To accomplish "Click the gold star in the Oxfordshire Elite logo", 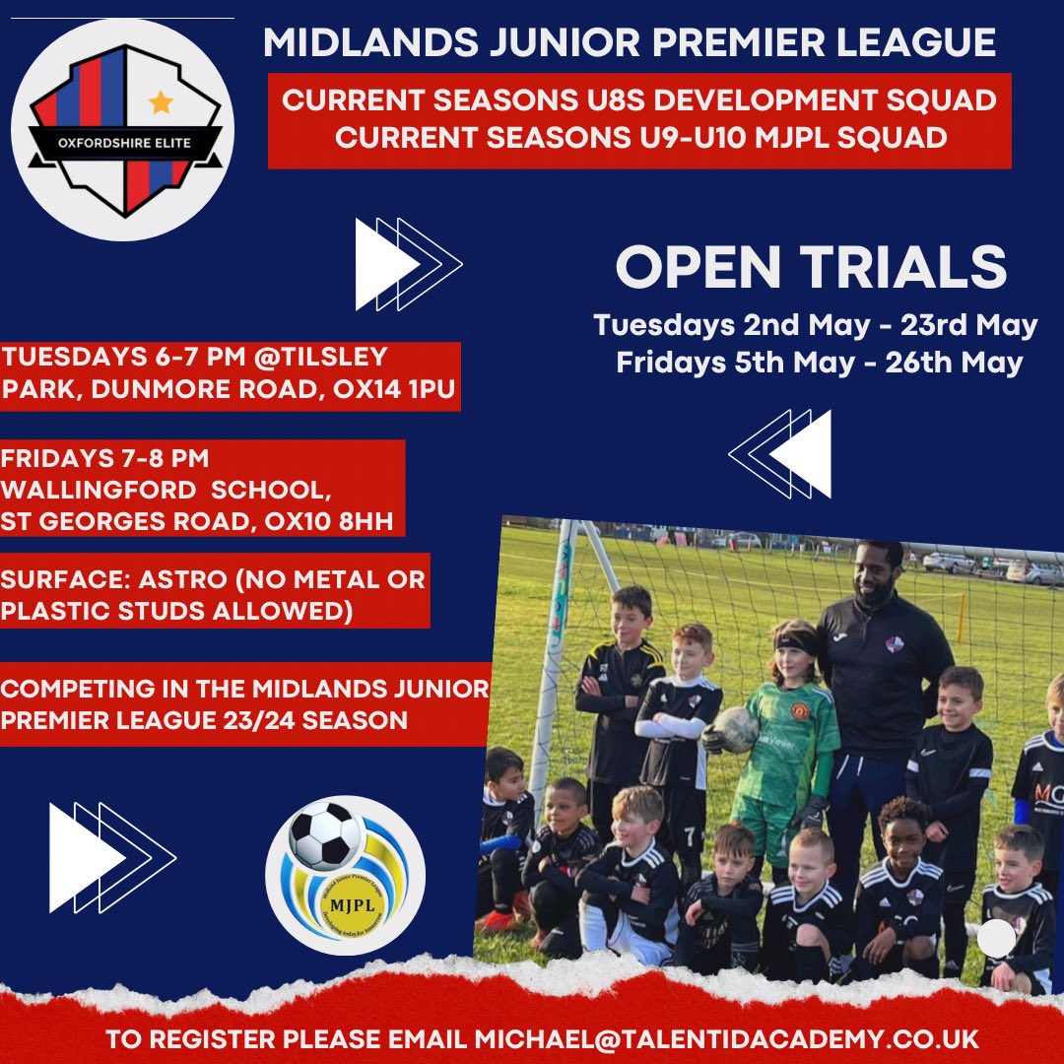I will click(x=161, y=101).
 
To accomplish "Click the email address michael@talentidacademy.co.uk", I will click(x=726, y=1040).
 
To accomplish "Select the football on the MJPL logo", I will click(x=325, y=833).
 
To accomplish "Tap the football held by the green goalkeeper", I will click(x=736, y=729).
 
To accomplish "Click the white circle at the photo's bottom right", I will click(x=996, y=937).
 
